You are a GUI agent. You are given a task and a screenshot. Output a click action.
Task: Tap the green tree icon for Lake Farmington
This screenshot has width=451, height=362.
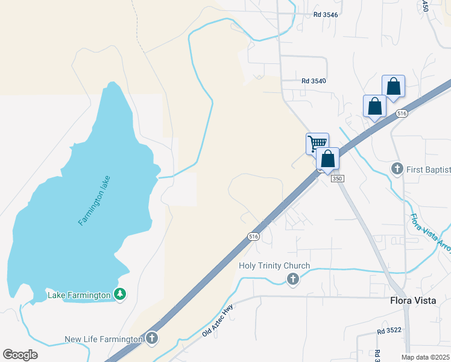coord(121,294)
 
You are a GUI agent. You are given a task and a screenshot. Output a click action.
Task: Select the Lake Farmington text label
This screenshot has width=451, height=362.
coord(79,295)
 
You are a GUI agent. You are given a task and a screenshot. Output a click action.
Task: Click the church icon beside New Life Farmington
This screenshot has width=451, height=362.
coord(152,339)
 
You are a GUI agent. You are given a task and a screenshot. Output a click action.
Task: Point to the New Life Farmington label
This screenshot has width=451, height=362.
coord(104,340)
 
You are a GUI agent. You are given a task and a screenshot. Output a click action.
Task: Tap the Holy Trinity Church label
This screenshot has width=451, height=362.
coord(274,265)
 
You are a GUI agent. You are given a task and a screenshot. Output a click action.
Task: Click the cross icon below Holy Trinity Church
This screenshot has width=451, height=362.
coord(292,279)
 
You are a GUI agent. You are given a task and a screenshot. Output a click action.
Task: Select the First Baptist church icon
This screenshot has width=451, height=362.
coord(397,168)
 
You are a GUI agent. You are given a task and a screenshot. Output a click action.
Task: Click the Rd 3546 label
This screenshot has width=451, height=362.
coord(326,14)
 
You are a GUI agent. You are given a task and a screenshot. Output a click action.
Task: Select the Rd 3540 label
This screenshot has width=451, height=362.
coord(314,81)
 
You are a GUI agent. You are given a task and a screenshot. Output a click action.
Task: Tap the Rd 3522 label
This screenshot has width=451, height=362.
coord(389,331)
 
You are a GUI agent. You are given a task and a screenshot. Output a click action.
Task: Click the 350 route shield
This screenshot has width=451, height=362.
coord(337,179)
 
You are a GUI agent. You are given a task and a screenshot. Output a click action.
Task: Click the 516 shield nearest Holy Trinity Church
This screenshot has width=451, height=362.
coord(253,237)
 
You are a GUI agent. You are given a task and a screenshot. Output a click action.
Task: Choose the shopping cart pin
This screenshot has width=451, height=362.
coord(317,144)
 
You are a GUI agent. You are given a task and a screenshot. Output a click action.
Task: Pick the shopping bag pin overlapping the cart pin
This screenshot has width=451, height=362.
coord(328,159)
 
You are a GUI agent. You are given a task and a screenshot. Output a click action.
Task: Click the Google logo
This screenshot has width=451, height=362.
coord(20,355)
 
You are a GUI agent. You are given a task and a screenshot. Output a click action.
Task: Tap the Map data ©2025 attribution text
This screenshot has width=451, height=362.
coord(426,357)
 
